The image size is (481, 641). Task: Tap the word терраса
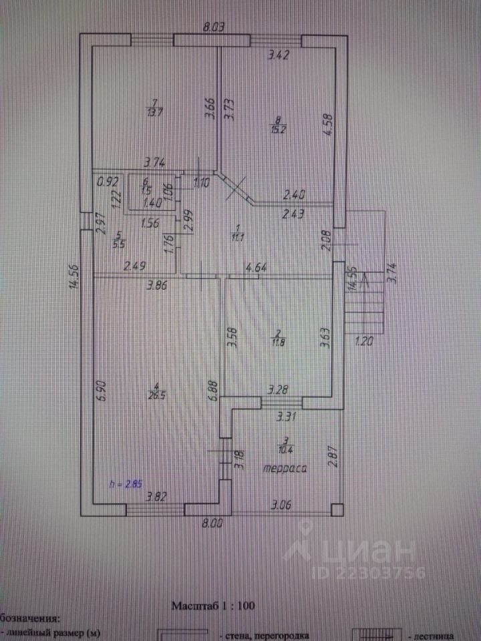pyautogui.click(x=285, y=469)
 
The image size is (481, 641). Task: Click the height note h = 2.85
pyautogui.click(x=126, y=483)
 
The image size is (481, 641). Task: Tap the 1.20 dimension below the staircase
pyautogui.click(x=363, y=339)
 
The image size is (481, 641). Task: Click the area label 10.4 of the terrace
pyautogui.click(x=285, y=445)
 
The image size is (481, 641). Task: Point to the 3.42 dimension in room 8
pyautogui.click(x=279, y=56)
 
